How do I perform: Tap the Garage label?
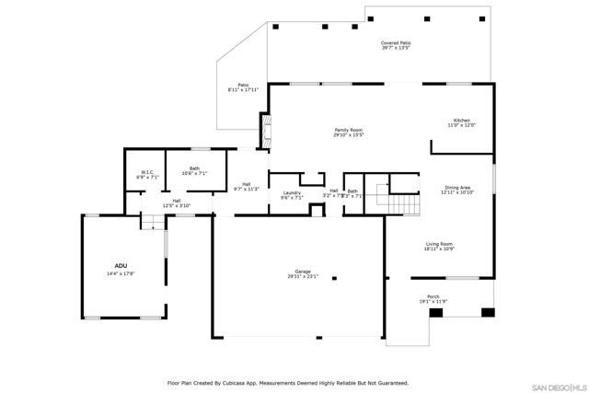(303, 271)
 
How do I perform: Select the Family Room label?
(349, 130)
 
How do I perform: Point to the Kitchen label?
(461, 121)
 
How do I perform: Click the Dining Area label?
(457, 187)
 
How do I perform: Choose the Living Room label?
(439, 244)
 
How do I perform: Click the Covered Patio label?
(396, 43)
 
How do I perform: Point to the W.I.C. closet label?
(147, 172)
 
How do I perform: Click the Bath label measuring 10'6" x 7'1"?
(194, 168)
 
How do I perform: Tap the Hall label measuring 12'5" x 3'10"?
(176, 201)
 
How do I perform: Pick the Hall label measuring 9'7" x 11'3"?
(247, 184)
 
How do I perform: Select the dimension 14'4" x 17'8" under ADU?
(121, 273)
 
